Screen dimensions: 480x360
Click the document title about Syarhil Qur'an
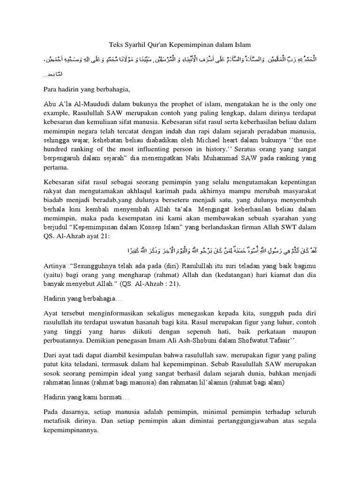(x=180, y=45)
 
